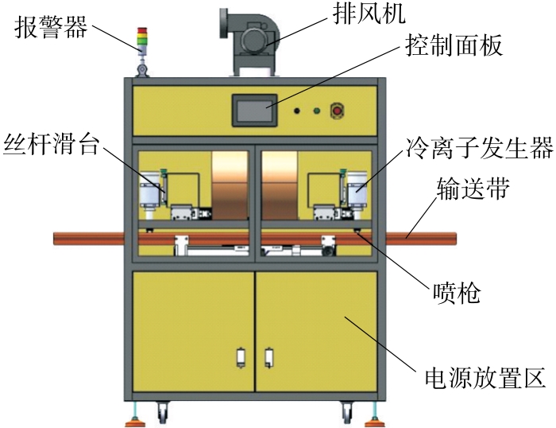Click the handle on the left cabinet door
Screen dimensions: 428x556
(241, 358)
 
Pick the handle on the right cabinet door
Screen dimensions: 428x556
(269, 358)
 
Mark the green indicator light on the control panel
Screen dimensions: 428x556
(316, 111)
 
